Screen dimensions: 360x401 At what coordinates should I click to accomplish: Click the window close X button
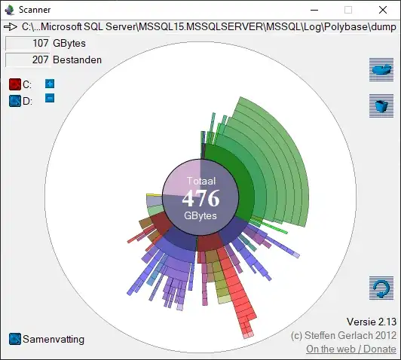[x=383, y=10]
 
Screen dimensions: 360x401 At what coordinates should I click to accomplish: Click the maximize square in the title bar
[x=348, y=10]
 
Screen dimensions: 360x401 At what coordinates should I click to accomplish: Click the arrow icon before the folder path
[x=11, y=27]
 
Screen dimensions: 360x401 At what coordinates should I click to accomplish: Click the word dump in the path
[x=381, y=27]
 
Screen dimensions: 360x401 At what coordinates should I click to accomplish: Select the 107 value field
[x=27, y=44]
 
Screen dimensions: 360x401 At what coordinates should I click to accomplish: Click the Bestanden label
[x=77, y=59]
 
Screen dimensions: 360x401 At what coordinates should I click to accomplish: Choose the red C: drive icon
[x=14, y=84]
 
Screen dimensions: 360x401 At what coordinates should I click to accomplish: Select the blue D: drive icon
[x=14, y=100]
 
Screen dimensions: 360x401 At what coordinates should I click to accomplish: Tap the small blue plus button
[x=50, y=84]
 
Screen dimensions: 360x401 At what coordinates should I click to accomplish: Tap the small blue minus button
[x=50, y=98]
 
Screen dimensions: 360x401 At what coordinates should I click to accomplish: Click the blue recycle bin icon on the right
[x=381, y=105]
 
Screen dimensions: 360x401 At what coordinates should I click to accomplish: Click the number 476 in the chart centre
[x=200, y=199]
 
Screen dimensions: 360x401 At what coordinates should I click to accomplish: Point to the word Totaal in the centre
[x=200, y=182]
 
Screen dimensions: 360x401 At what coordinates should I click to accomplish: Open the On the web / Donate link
[x=350, y=349]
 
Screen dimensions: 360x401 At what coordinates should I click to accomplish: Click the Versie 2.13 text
[x=370, y=322]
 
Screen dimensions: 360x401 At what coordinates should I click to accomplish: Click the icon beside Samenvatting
[x=14, y=339]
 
